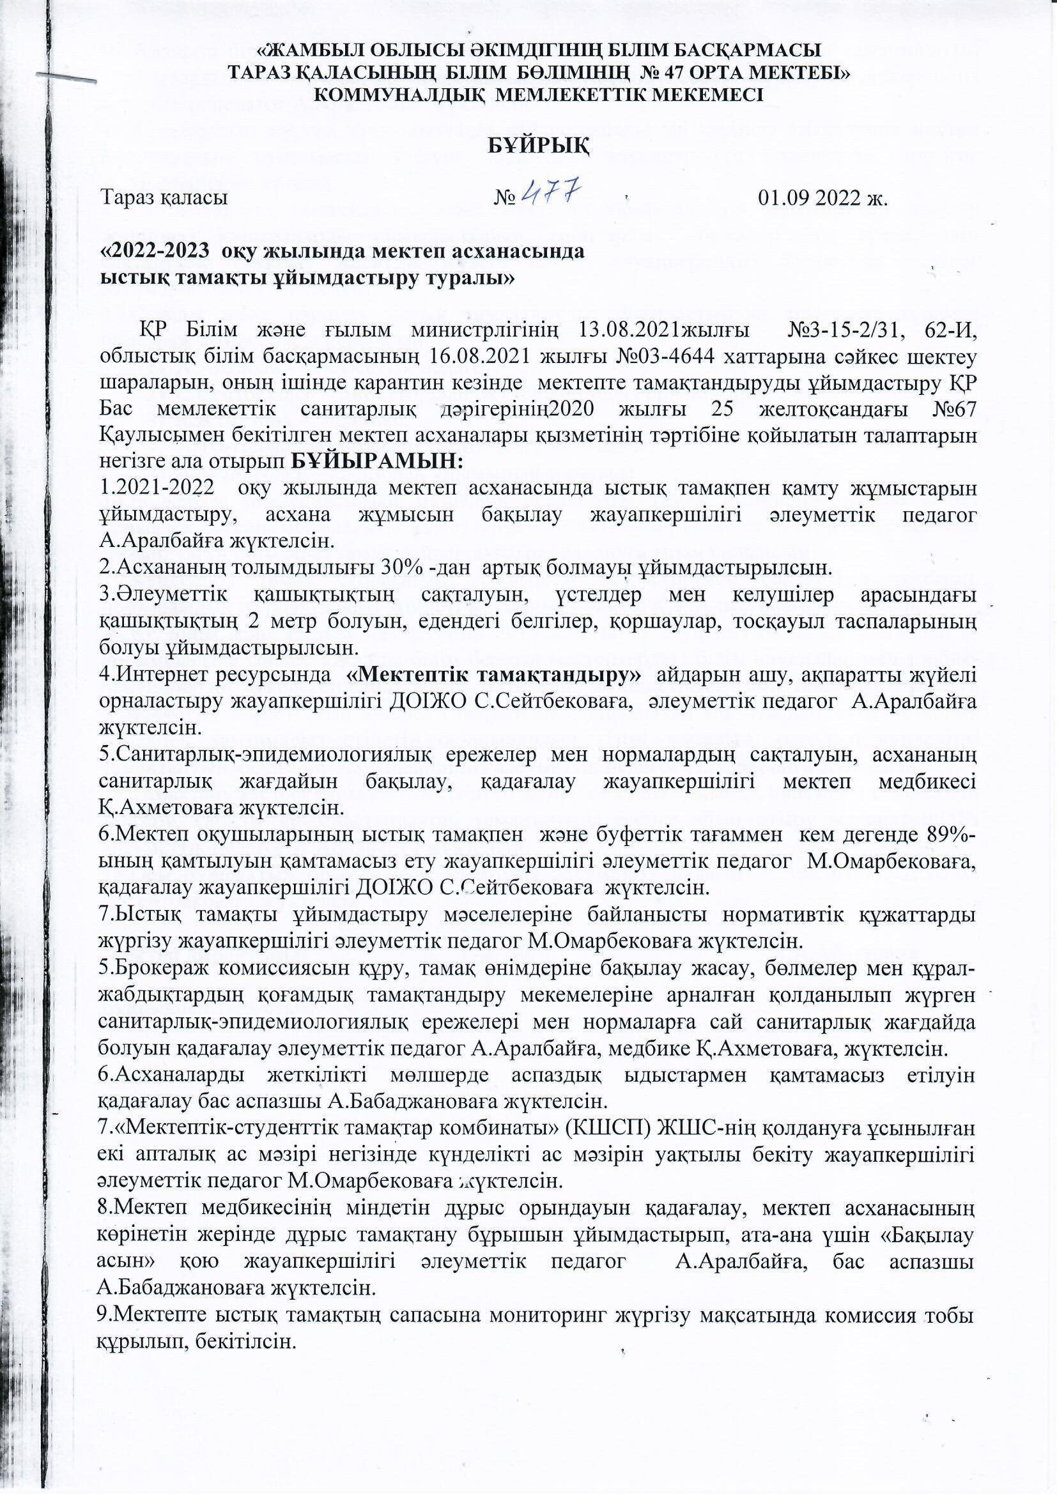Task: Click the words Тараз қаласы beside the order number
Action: (164, 197)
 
